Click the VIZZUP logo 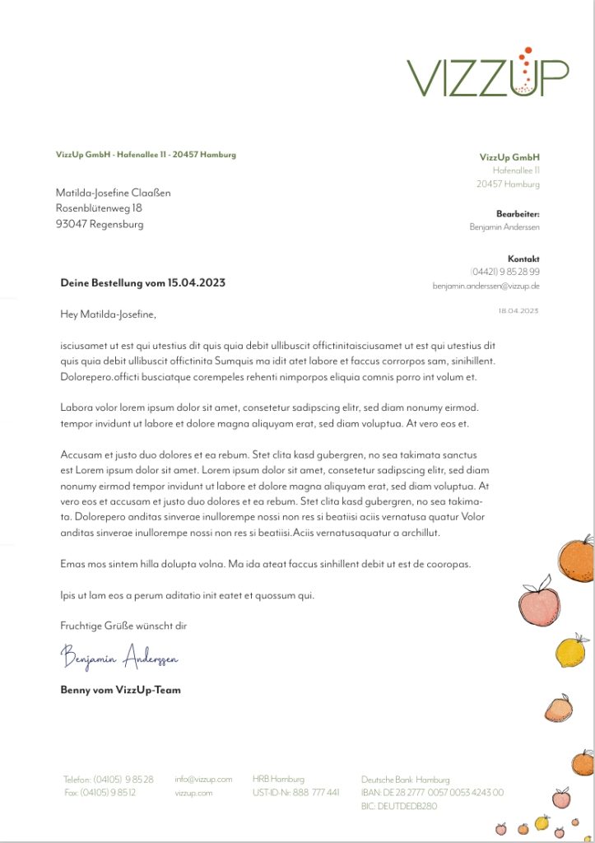click(487, 72)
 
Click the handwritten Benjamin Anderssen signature click(119, 657)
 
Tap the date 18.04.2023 click(518, 310)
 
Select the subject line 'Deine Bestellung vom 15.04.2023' click(142, 282)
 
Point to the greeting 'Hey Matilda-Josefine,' click(108, 314)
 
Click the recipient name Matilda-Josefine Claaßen click(113, 193)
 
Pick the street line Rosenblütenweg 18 click(99, 208)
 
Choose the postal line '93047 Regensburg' click(100, 224)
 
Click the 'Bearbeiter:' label click(518, 213)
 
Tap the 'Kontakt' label click(523, 258)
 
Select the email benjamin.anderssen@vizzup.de click(486, 286)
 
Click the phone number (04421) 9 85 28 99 click(504, 272)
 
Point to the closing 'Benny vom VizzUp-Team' click(120, 690)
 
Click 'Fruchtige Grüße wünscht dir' click(123, 626)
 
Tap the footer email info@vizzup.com click(203, 779)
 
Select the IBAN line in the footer click(432, 793)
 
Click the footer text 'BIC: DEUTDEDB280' click(399, 807)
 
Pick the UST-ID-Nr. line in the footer click(295, 793)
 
